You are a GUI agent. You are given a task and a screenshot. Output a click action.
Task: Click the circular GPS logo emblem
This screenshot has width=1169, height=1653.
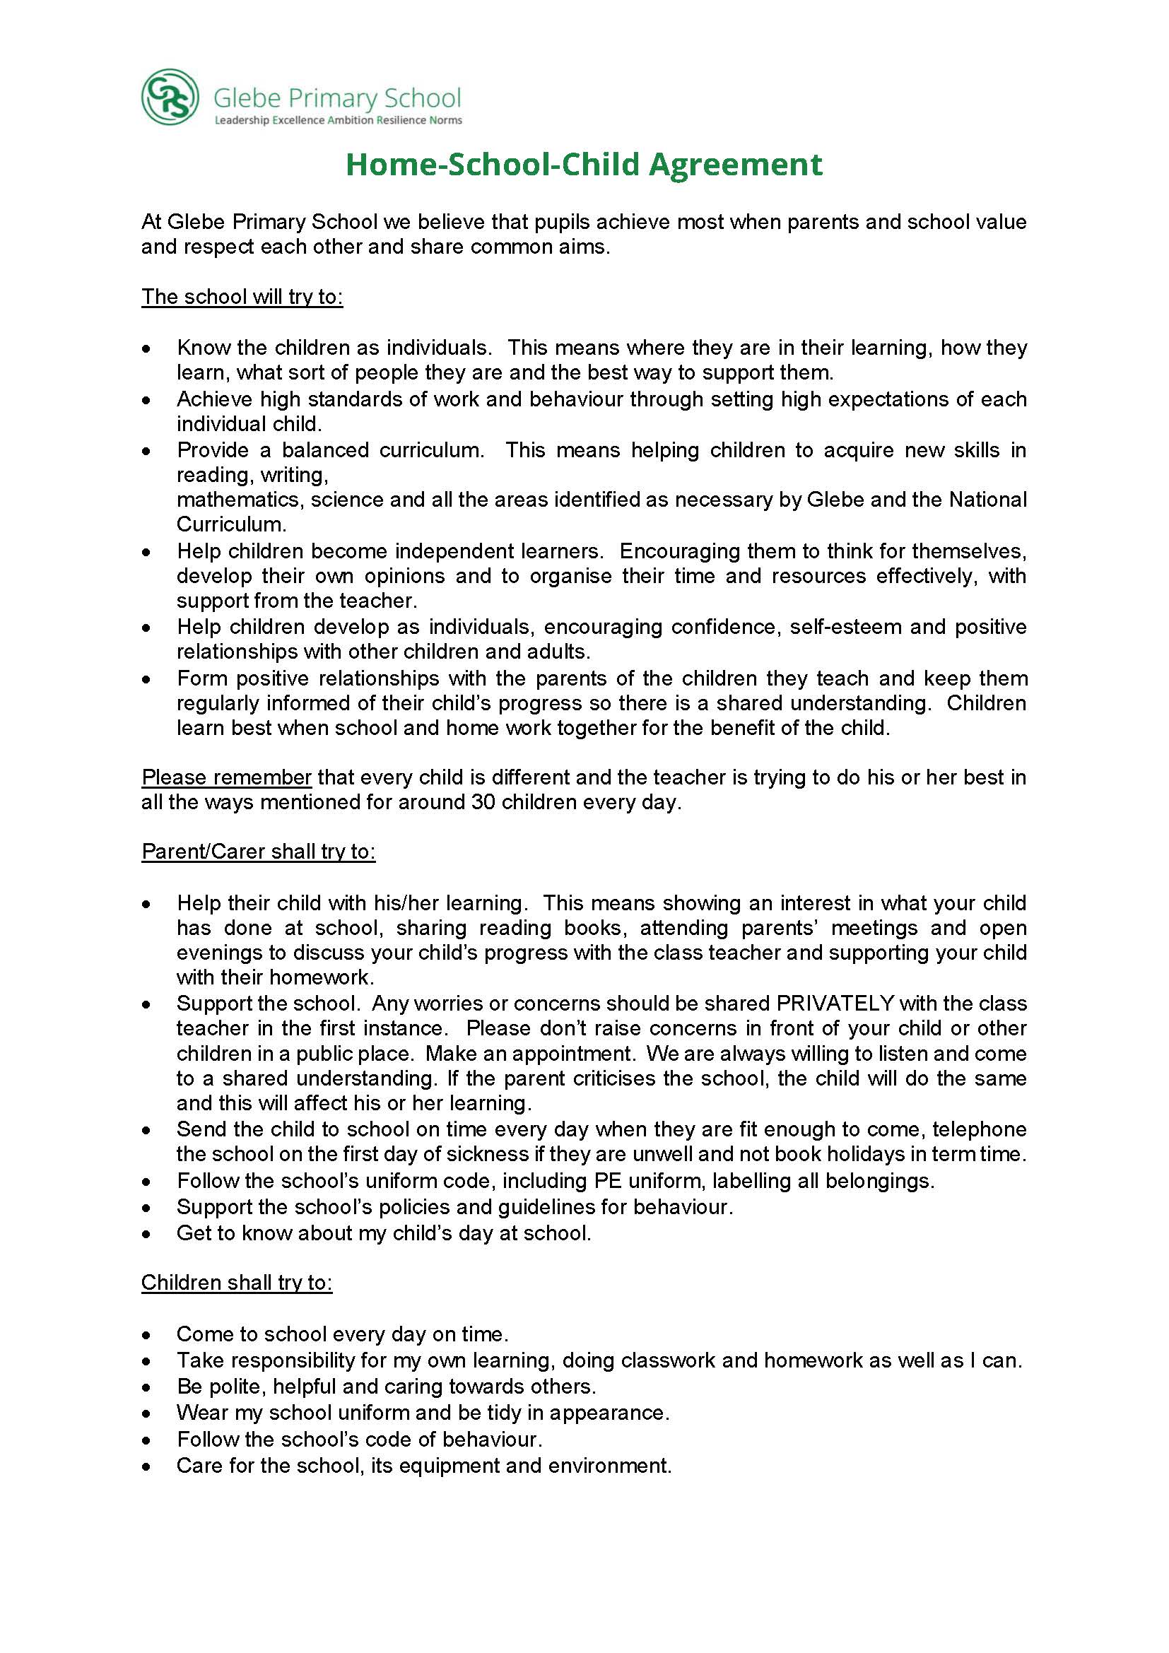coord(170,98)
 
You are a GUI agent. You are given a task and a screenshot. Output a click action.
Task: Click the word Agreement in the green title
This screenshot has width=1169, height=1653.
coord(735,165)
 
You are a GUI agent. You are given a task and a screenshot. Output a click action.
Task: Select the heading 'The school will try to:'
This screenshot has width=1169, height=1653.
coord(242,297)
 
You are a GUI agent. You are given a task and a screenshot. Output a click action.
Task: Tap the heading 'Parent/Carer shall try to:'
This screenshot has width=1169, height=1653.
coord(259,851)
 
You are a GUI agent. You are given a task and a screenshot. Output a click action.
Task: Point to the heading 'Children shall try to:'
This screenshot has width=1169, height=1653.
coord(237,1282)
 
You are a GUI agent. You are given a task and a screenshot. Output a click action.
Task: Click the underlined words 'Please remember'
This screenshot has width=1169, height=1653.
coord(226,777)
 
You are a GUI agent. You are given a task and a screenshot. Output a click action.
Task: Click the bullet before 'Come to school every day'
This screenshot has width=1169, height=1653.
coord(147,1335)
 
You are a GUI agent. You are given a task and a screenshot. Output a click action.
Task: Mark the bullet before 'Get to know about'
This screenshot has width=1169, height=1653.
coord(147,1234)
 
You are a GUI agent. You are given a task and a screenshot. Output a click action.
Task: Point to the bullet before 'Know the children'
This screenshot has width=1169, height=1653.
coord(147,348)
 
